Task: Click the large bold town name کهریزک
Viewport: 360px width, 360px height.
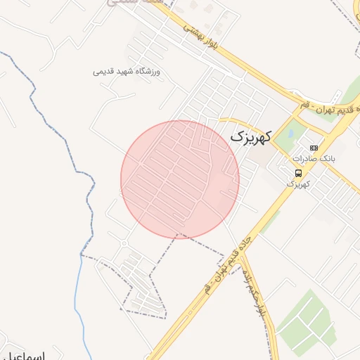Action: (250, 136)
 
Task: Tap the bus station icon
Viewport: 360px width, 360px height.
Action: (299, 172)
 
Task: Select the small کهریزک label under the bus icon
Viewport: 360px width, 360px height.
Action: (299, 184)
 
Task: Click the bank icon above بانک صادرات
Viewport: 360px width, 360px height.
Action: (314, 148)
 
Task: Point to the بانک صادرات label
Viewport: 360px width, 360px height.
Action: (320, 159)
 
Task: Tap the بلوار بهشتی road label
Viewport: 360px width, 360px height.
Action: (202, 37)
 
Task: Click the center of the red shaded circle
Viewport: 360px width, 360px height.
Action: (180, 179)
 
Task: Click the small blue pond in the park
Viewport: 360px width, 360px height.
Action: (289, 131)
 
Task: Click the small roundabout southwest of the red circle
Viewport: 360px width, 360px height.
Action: (124, 243)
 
